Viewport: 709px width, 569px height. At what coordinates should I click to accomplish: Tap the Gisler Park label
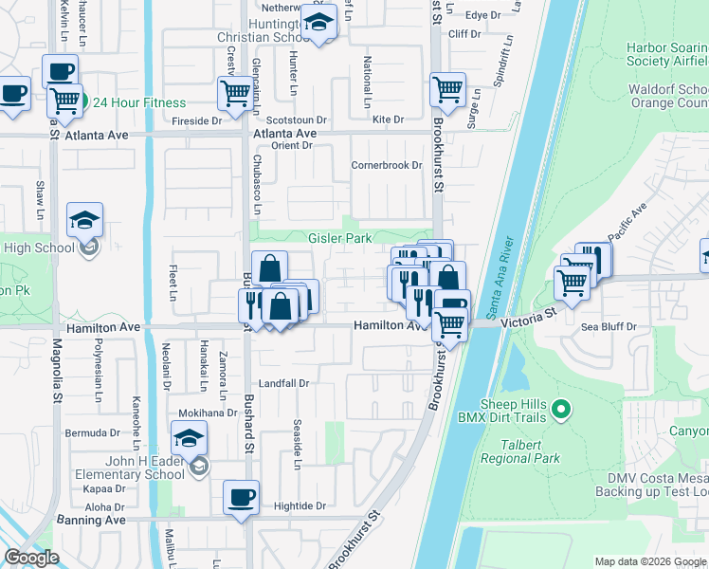point(339,238)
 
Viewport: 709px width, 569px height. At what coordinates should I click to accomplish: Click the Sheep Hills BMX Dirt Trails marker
point(561,410)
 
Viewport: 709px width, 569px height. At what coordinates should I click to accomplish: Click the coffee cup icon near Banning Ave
point(240,496)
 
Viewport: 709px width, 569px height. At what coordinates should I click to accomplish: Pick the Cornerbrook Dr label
point(386,165)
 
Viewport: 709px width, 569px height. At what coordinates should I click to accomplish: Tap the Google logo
point(31,559)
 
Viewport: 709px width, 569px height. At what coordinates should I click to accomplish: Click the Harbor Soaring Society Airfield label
point(666,54)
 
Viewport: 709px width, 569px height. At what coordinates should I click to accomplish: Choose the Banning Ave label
point(94,520)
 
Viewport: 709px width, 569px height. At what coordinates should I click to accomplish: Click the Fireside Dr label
point(196,121)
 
